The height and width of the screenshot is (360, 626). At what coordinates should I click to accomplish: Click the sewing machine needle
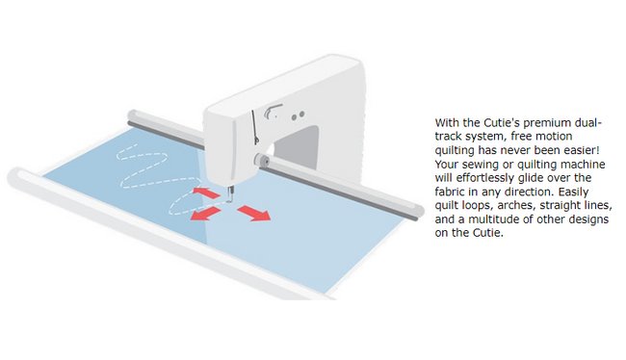pos(229,194)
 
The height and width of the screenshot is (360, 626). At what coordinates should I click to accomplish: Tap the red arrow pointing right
pos(254,213)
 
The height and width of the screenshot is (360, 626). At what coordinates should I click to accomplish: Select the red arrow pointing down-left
pos(205,214)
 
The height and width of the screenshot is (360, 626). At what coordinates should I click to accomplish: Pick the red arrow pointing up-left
pos(206,193)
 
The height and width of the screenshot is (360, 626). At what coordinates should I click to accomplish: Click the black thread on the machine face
pos(255,127)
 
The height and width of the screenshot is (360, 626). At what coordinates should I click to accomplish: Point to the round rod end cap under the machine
pos(262,160)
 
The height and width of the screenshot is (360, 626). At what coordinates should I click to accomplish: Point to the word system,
pos(483,137)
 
